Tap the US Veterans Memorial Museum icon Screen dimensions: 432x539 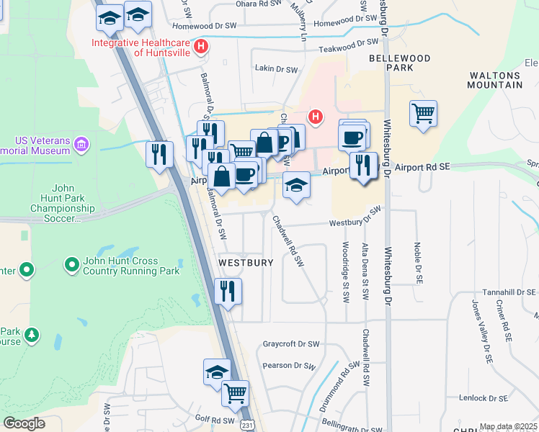click(81, 145)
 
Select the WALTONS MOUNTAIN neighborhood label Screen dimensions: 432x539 click(496, 79)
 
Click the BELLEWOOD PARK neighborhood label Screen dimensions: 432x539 click(400, 63)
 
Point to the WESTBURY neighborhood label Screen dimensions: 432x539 click(246, 263)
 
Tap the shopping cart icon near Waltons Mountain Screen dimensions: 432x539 click(423, 114)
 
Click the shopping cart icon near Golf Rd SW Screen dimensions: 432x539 click(235, 393)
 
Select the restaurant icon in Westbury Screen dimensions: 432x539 click(228, 292)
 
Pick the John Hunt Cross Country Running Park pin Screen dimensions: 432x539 click(72, 266)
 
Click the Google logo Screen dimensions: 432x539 click(24, 423)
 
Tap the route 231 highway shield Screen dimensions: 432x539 click(247, 425)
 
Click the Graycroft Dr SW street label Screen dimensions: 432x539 click(291, 344)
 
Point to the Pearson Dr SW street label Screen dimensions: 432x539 click(290, 366)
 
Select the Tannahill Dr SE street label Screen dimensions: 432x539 click(509, 292)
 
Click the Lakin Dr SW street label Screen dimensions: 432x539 click(277, 70)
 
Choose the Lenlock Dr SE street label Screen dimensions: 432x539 click(486, 397)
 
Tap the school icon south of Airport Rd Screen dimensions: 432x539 click(296, 185)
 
